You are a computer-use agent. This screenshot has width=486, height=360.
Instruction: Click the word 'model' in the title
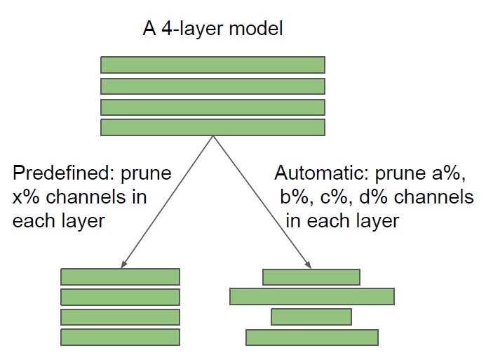click(x=256, y=29)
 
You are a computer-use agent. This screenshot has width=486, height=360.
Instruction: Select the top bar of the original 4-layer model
click(x=213, y=65)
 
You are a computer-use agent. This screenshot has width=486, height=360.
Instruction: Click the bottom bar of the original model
click(x=213, y=128)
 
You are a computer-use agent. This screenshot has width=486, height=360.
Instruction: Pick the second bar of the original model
click(x=213, y=86)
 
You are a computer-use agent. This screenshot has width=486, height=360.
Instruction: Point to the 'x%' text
click(x=26, y=197)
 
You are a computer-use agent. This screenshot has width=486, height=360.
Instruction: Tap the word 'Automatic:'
click(x=321, y=173)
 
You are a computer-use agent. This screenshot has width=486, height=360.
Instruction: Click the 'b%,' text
click(x=297, y=197)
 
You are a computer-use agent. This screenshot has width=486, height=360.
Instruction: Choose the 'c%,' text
click(x=337, y=199)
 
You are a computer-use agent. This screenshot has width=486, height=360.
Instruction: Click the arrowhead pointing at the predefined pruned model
click(x=123, y=264)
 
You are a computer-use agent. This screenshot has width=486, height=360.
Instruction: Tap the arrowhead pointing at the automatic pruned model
click(x=308, y=264)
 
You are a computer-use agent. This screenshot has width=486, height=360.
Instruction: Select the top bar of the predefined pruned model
click(x=120, y=277)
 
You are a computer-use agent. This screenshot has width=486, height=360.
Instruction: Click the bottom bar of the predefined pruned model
click(x=120, y=338)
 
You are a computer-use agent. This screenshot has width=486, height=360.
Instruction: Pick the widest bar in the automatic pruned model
click(x=312, y=296)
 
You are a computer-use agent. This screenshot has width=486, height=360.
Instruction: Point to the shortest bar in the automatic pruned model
click(x=311, y=316)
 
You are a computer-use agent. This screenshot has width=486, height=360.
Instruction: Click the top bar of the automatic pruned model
click(x=311, y=277)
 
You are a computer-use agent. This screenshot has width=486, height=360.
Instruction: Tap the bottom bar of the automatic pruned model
click(x=312, y=338)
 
